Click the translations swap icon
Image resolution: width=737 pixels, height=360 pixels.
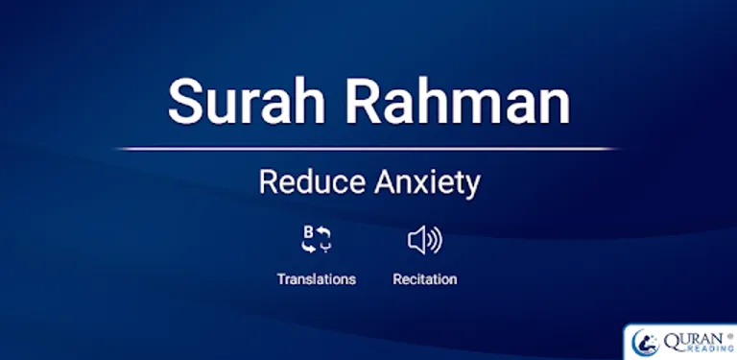pos(316,239)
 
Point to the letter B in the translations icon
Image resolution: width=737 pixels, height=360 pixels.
pos(309,231)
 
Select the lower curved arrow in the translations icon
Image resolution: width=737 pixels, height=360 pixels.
pos(308,247)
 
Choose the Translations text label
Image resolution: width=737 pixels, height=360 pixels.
pos(316,279)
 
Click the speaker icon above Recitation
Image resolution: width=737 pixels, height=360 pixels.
pos(424,240)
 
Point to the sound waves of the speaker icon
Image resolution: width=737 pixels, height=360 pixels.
pos(435,240)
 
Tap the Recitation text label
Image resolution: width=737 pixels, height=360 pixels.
pos(424,279)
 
